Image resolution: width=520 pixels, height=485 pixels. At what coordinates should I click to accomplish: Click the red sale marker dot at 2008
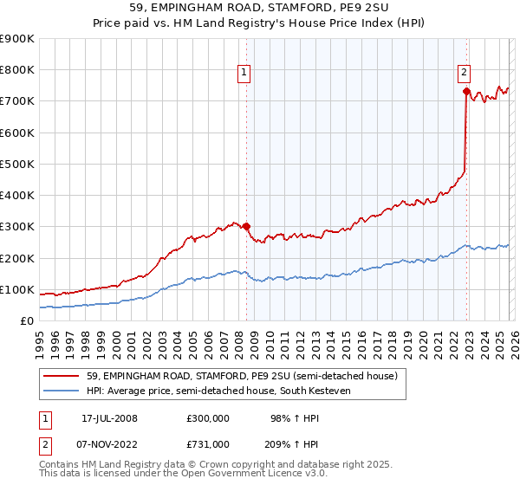[x=246, y=227]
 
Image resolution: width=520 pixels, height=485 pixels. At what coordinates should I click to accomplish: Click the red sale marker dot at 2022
[x=466, y=91]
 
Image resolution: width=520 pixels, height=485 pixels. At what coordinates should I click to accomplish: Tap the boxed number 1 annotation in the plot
[x=244, y=73]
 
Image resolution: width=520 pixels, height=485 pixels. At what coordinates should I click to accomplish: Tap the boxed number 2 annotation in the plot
[x=465, y=73]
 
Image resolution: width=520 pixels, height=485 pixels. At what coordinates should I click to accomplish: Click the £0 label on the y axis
[x=26, y=321]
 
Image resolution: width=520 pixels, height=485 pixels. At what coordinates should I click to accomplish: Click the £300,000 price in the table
[x=208, y=418]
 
